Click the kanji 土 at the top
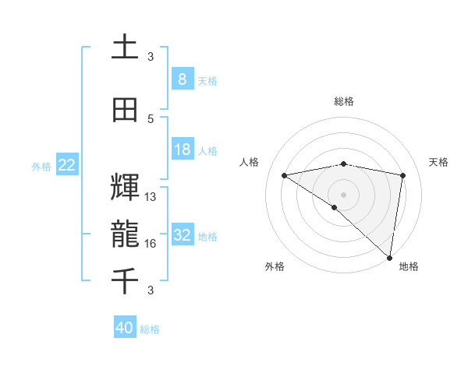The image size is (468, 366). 125,48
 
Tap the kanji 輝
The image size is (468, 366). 125,186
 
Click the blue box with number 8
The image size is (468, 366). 182,79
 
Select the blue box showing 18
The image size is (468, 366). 182,150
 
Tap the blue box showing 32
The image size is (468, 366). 182,235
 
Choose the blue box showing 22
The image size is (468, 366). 67,165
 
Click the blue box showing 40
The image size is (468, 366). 125,328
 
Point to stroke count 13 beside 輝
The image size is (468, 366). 151,197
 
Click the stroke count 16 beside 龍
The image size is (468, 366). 151,244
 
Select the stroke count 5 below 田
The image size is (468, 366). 151,119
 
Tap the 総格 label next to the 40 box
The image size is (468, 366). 151,329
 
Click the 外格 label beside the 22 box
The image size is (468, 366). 41,166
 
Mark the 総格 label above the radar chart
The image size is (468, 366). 343,101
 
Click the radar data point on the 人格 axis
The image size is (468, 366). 284,174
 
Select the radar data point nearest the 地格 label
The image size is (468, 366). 390,257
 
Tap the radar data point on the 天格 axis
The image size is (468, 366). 403,175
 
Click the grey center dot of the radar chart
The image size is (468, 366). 343,194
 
